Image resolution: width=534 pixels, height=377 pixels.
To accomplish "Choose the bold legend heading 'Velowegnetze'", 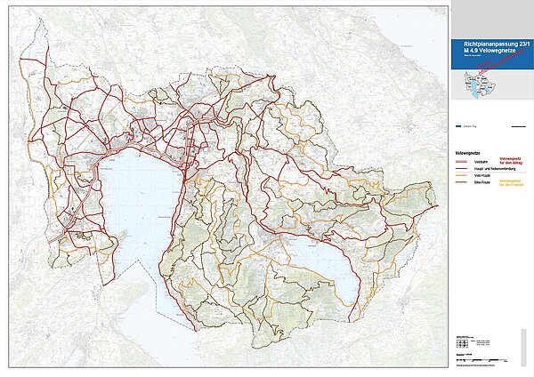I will [468, 153].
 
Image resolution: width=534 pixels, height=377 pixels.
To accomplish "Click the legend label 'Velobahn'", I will [481, 161].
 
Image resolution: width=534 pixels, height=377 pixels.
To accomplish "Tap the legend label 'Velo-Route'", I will [481, 176].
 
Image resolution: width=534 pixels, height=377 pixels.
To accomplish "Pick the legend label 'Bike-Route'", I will [481, 184].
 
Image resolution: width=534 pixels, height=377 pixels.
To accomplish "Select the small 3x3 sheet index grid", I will [460, 342].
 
